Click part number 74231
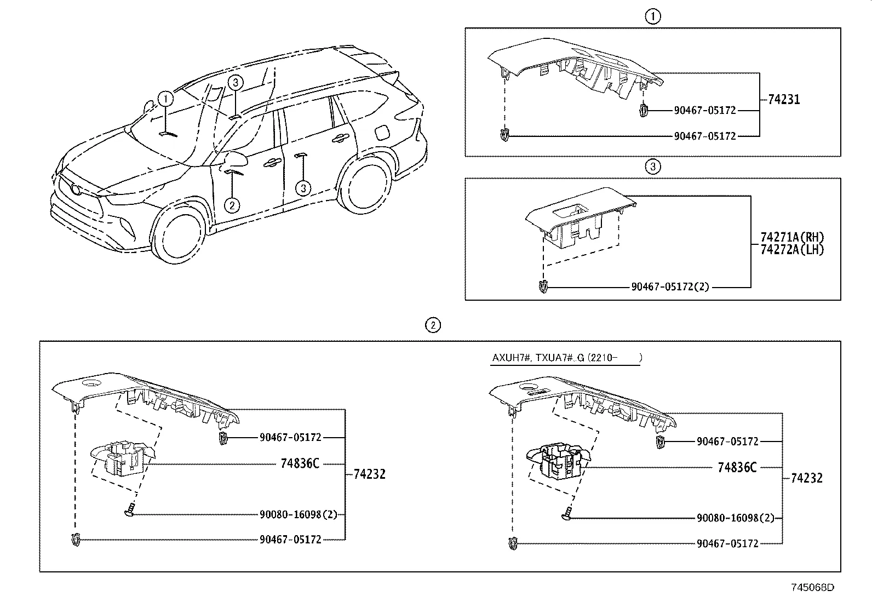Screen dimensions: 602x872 tap(783, 100)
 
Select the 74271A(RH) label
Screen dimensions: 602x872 tap(791, 238)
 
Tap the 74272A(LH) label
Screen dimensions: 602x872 tap(791, 249)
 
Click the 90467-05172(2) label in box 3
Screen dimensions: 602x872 tap(669, 286)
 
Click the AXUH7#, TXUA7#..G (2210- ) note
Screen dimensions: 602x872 tap(567, 358)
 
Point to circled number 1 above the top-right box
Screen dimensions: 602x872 tap(652, 17)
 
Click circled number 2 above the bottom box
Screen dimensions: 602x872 tap(433, 325)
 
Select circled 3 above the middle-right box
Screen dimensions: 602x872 tap(652, 167)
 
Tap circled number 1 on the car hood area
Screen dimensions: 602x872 tap(165, 99)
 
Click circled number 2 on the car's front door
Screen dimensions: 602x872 tap(232, 205)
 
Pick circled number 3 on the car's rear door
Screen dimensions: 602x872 tap(303, 188)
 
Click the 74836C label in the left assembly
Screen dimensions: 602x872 tap(300, 463)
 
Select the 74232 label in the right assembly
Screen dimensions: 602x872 tap(806, 478)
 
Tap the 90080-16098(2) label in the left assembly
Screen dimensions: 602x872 tap(298, 514)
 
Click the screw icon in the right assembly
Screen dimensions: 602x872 tap(567, 514)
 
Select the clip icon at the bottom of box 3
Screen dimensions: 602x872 tap(543, 286)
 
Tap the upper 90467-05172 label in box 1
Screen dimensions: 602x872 tap(704, 110)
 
